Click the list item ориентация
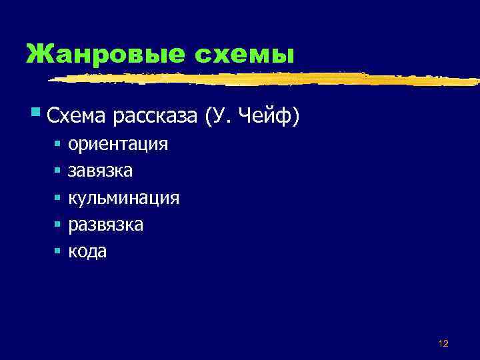[118, 144]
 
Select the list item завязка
[101, 171]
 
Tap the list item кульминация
[123, 198]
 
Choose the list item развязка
[105, 225]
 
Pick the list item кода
[87, 251]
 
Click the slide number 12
[443, 343]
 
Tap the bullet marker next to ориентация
[58, 144]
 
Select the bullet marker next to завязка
[58, 171]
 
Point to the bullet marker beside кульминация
[58, 198]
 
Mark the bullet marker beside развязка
[58, 225]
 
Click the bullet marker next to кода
[58, 252]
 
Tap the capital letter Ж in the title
[37, 53]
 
